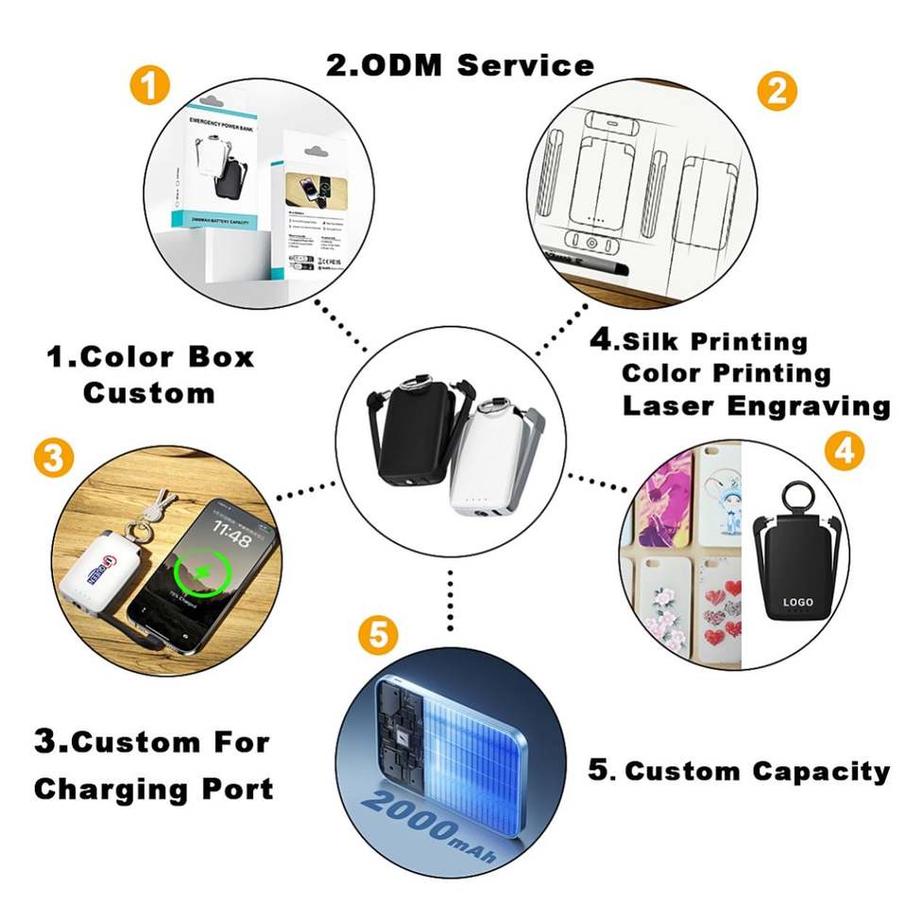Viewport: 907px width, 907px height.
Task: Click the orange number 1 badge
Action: [149, 87]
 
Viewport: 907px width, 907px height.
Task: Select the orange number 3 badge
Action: [53, 458]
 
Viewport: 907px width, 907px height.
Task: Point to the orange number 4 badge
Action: [844, 452]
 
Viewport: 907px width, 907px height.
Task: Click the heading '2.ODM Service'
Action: [460, 64]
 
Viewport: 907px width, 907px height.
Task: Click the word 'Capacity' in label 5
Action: [821, 771]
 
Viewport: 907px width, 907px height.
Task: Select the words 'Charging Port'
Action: [153, 788]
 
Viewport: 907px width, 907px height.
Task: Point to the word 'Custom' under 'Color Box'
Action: [148, 392]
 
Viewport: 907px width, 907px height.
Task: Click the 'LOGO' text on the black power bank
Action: [798, 602]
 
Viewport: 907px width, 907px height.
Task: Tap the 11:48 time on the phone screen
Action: [231, 539]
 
